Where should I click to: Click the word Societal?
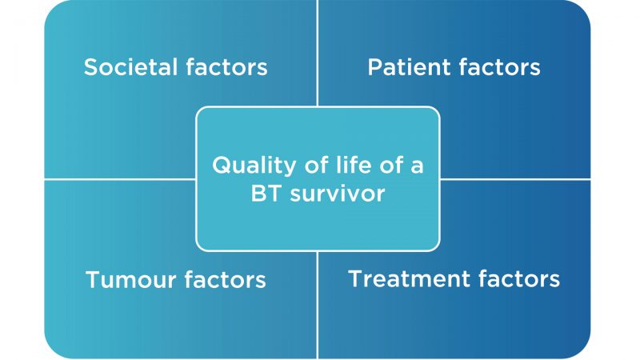[130, 67]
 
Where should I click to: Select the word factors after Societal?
[226, 67]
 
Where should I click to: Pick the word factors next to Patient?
[499, 67]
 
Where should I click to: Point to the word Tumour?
[130, 279]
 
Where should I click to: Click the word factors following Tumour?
[225, 279]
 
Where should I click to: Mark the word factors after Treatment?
[519, 278]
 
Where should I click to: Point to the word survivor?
[338, 194]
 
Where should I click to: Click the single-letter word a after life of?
[417, 167]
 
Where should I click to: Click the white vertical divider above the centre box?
[317, 53]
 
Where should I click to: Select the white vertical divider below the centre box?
[317, 306]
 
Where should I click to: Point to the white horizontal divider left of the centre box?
[120, 178]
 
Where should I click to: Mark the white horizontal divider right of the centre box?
[515, 178]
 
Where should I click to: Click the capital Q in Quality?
[221, 166]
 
